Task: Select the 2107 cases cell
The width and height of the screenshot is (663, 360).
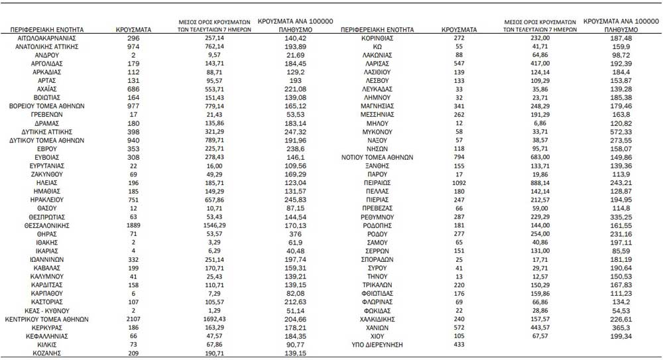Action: (133, 319)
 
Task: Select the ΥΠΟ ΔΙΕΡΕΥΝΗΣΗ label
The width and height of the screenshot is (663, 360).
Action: (377, 345)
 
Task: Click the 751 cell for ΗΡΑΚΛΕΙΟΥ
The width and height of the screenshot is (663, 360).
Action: (133, 199)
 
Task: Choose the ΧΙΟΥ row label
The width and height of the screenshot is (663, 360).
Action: (377, 336)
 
